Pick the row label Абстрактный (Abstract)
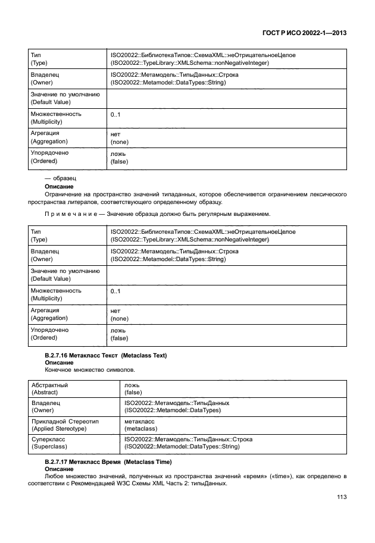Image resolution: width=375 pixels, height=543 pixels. coord(49,389)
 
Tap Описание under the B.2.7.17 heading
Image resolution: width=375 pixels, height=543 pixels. coord(59,469)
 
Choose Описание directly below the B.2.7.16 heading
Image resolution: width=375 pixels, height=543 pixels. coord(59,362)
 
